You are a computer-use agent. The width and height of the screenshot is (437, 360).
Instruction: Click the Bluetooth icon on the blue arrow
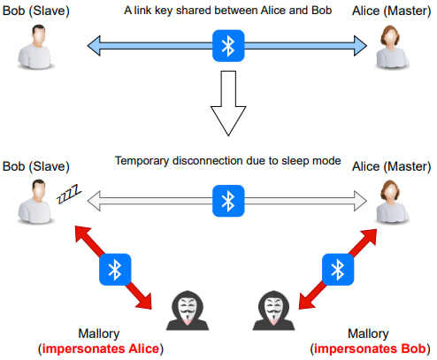(228, 46)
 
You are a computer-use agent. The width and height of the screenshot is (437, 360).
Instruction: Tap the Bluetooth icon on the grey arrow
(228, 201)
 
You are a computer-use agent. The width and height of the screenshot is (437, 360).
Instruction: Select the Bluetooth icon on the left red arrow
(115, 270)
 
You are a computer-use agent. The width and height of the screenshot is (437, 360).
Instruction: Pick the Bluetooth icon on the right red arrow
(338, 270)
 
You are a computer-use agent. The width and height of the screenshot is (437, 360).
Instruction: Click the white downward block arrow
(228, 103)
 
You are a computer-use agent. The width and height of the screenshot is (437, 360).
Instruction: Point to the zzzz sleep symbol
(69, 194)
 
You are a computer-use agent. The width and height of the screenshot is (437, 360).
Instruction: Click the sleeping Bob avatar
(36, 202)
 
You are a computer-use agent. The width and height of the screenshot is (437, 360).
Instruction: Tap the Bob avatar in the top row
(36, 47)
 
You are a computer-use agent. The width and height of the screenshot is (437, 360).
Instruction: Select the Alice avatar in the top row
(392, 47)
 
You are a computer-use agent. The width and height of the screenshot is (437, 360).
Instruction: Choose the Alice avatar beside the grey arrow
(392, 203)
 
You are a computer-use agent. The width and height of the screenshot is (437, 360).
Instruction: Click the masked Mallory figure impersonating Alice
(188, 310)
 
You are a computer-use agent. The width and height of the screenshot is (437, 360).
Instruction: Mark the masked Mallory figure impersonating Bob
(273, 310)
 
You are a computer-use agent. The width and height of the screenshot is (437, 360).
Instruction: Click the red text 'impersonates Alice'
(101, 349)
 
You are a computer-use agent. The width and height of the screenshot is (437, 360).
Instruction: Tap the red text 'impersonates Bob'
(370, 349)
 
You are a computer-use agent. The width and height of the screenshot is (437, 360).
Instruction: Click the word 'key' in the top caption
(164, 11)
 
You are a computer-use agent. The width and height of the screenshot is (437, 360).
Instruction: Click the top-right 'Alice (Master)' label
(391, 11)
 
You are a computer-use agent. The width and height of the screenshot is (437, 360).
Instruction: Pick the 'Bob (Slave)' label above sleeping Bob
(36, 166)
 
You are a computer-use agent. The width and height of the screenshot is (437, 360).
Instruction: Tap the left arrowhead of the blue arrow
(94, 46)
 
